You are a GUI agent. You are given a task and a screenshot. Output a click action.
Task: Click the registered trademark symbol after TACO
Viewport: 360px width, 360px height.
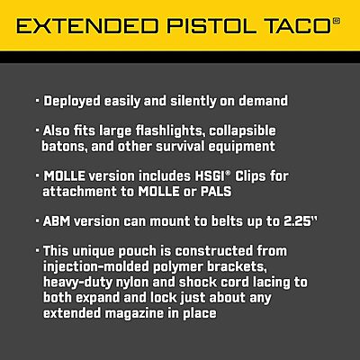337,19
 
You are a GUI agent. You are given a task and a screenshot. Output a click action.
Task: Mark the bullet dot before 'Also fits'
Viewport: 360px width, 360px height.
38,129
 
